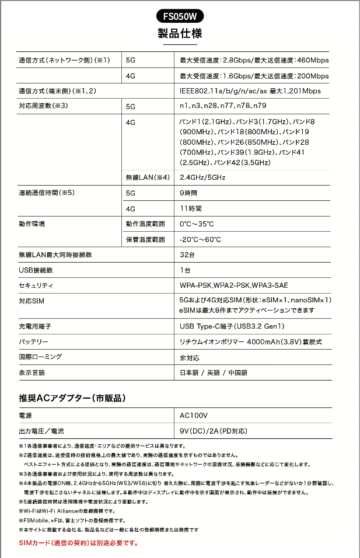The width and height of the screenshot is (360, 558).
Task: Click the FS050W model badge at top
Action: point(180,16)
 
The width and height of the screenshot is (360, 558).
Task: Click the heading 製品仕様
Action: point(180,33)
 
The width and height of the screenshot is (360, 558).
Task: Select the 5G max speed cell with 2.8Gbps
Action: point(254,60)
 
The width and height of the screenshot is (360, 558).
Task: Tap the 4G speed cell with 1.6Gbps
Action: point(254,76)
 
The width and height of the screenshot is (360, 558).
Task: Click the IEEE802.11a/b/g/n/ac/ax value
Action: point(250,91)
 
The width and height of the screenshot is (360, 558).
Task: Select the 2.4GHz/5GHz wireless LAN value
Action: point(202,177)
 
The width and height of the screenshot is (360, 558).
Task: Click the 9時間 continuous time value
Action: point(188,193)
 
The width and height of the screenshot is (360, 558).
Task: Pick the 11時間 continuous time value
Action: point(191,208)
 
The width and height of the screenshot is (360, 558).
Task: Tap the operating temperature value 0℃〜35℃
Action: point(197,224)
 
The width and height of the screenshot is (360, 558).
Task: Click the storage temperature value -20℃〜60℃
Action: point(200,239)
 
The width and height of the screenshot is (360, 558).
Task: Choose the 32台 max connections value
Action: point(187,255)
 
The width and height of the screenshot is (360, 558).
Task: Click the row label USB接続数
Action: point(36,270)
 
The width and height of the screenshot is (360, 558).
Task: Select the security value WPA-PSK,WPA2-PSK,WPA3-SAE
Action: point(234,285)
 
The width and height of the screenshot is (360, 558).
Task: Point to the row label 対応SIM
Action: point(32,301)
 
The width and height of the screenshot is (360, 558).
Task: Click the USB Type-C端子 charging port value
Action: point(232,326)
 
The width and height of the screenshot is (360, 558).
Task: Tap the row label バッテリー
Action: point(34,341)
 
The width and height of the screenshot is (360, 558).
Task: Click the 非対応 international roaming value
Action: point(190,357)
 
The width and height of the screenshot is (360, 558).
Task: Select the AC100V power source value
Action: point(194,416)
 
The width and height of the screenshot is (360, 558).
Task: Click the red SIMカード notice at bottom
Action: point(79,543)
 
